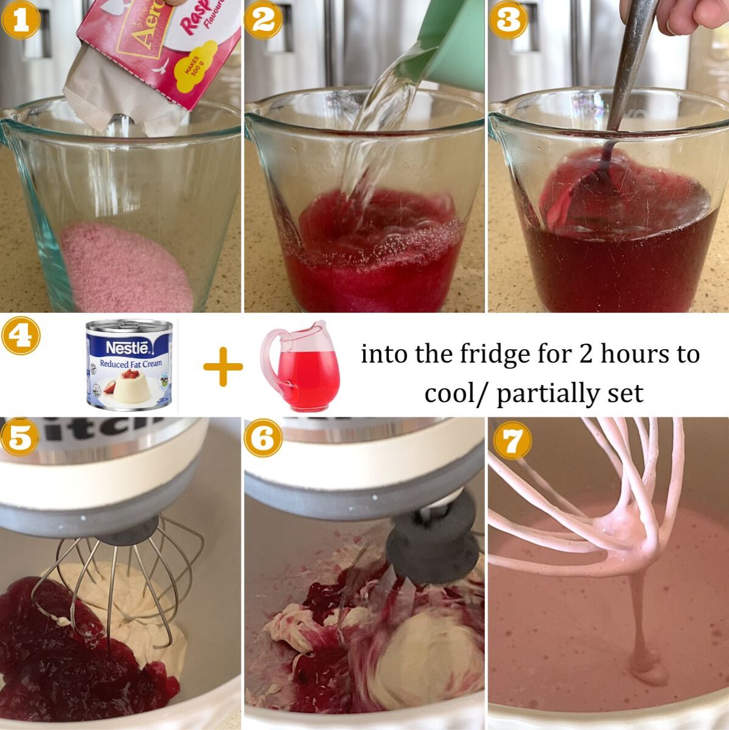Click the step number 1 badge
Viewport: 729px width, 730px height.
pos(21,20)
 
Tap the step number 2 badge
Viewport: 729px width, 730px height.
pos(263,20)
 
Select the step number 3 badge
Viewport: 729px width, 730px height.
pos(508,20)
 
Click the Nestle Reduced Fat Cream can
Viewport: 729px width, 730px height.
pos(129,364)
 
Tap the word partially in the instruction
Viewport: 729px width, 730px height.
pos(548,394)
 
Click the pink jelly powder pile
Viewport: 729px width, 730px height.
pos(125,268)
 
